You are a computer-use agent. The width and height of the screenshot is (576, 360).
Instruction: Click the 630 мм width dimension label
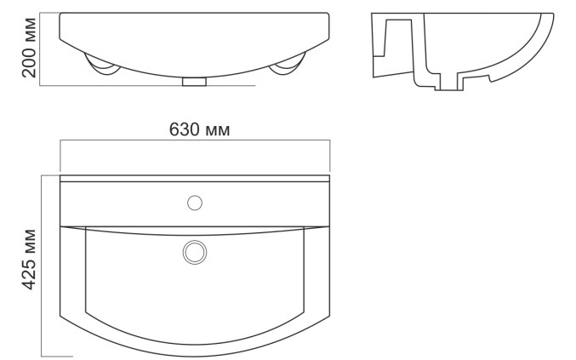click(x=199, y=129)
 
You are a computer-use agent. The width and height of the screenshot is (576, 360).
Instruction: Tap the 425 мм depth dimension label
click(x=29, y=260)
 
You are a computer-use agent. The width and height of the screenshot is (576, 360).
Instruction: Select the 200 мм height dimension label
click(x=29, y=48)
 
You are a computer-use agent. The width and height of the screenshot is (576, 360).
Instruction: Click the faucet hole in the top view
click(x=195, y=203)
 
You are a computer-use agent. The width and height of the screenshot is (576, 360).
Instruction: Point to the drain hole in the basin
click(x=195, y=253)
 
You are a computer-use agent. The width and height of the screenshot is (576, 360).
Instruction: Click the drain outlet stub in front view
click(x=194, y=82)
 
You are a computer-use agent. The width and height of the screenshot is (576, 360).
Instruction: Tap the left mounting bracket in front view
click(x=102, y=66)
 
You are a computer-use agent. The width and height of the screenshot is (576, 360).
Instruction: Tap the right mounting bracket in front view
click(x=288, y=65)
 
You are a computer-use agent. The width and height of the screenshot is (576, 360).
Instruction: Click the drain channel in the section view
click(x=448, y=81)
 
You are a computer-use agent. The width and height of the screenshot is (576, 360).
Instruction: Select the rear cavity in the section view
click(x=398, y=37)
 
